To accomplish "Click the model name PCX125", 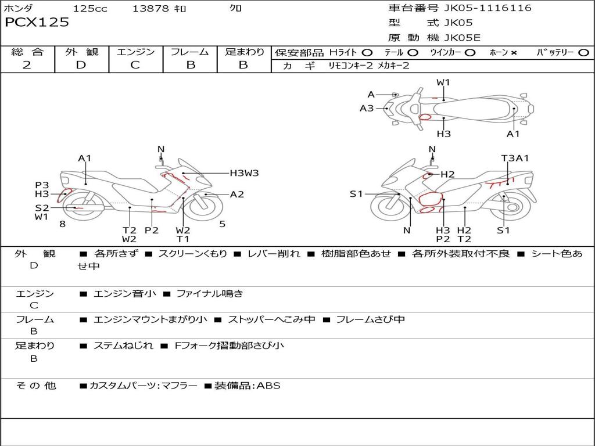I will tap(37, 23).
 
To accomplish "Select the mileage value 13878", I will tap(150, 9).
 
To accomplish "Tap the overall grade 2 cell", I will tap(27, 65).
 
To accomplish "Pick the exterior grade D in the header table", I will tap(81, 65).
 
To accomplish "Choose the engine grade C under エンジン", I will tap(135, 65).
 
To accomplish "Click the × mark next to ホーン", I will tap(514, 52).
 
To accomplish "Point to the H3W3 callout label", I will tap(244, 172).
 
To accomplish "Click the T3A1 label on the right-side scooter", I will tap(515, 158).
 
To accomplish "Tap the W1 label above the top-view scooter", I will tap(443, 82).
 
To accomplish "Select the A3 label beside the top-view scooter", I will tap(367, 108).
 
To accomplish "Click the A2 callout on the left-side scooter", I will tap(237, 195).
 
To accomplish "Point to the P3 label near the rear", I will tap(42, 185).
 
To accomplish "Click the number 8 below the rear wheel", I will tap(62, 224).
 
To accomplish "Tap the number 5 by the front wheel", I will tap(222, 224).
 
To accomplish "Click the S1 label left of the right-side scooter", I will tap(356, 194).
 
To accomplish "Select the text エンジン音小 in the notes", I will tap(125, 294).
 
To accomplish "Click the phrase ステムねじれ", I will tap(123, 346).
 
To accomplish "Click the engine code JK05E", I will tap(462, 38).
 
